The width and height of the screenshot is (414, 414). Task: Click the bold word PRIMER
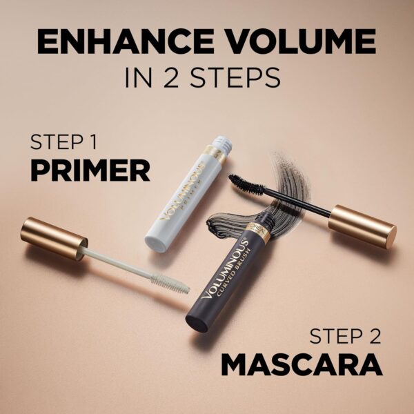[x=90, y=170]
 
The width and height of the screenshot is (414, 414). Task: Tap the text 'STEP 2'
[x=345, y=336]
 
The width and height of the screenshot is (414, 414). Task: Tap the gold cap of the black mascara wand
[x=362, y=225]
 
